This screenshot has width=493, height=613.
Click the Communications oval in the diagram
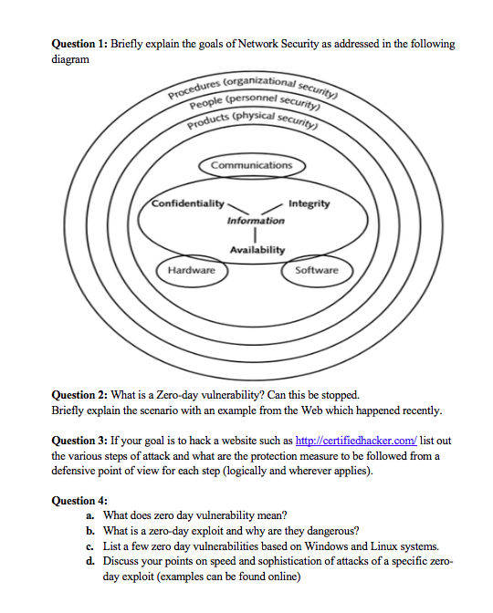252,166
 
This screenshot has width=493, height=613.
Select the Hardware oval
192,270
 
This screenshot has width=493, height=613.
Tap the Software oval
316,270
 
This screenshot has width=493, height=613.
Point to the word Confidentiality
186,203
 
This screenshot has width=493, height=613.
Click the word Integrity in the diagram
309,203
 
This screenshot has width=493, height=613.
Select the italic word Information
256,220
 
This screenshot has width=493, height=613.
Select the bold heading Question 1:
80,44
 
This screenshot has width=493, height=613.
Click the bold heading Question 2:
80,395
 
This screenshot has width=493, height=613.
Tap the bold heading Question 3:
80,442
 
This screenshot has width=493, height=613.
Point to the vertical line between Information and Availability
256,235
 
